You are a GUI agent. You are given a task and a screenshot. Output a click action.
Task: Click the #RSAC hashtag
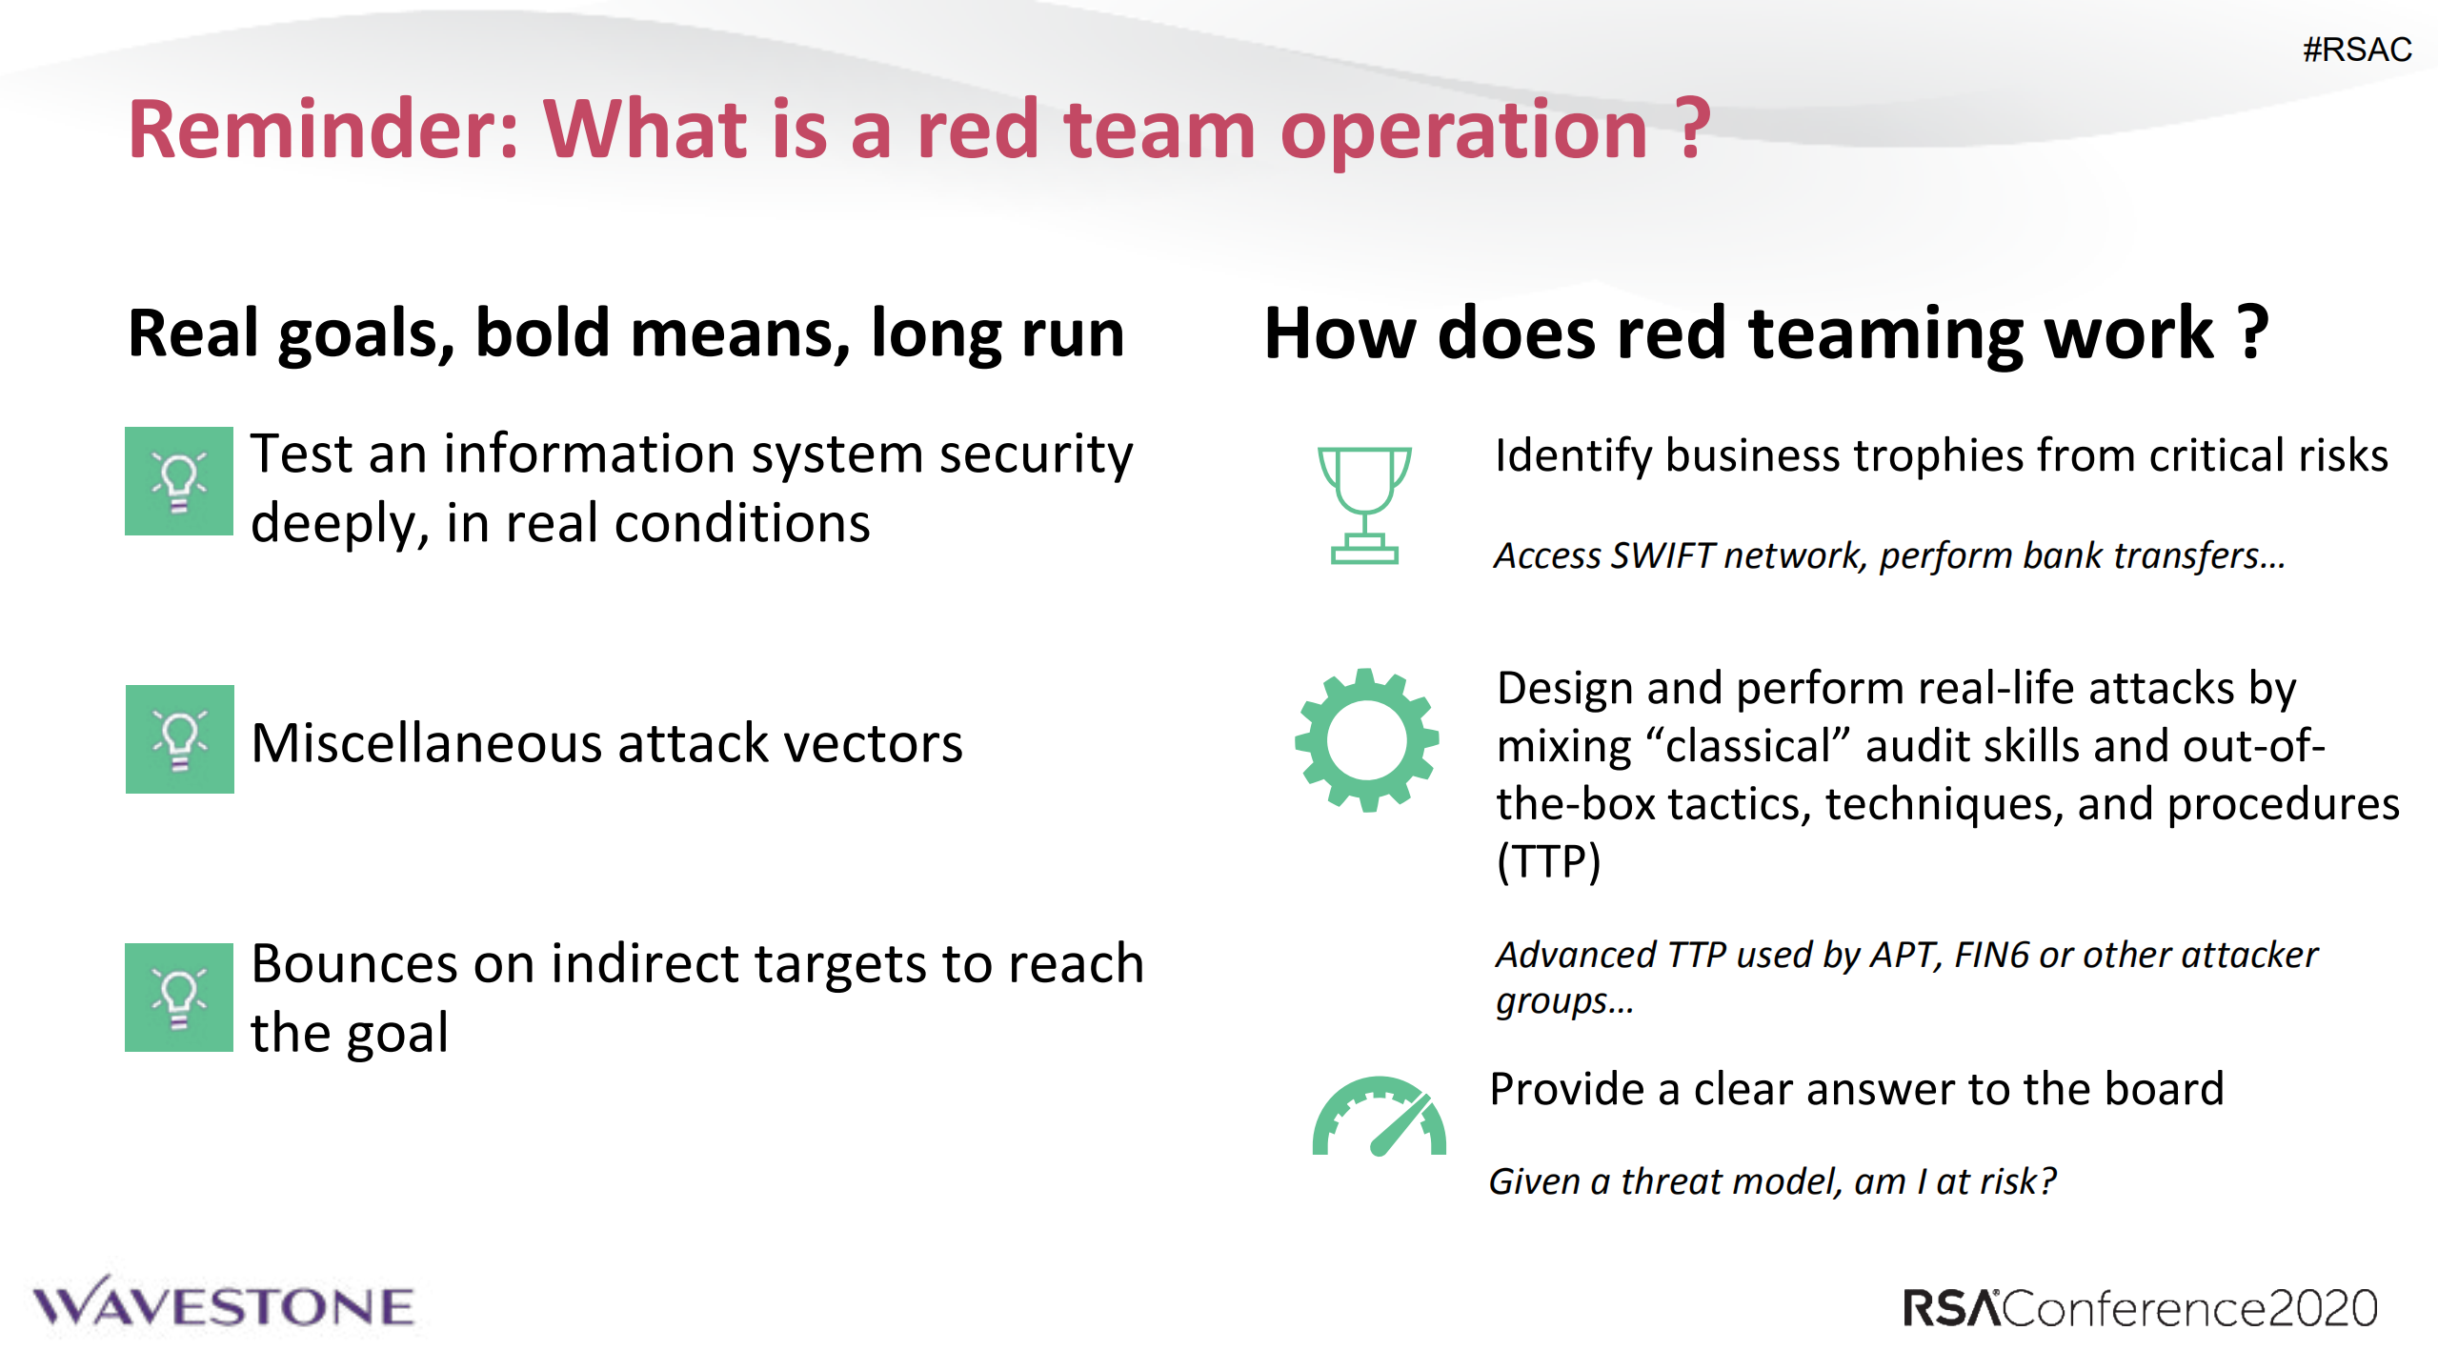[2356, 50]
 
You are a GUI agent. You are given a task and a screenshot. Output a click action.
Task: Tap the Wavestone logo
[224, 1304]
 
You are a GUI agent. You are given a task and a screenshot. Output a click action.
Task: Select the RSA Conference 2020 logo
[2139, 1308]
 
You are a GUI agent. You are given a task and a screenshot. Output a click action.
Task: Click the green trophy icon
[1364, 505]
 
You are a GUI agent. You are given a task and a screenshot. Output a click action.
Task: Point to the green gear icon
[1366, 740]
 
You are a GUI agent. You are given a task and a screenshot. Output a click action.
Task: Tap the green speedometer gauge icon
[1379, 1118]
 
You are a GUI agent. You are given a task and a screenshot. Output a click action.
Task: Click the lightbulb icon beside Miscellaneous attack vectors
[179, 739]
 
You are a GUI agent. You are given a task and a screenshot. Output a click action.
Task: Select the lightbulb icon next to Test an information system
[179, 481]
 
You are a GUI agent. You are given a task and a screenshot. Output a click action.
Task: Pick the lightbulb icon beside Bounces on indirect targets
[179, 998]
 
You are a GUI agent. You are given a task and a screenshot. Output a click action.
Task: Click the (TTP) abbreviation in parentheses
[1548, 861]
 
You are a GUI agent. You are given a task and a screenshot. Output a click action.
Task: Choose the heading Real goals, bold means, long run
[626, 333]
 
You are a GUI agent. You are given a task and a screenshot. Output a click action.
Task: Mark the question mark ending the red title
[1692, 130]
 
